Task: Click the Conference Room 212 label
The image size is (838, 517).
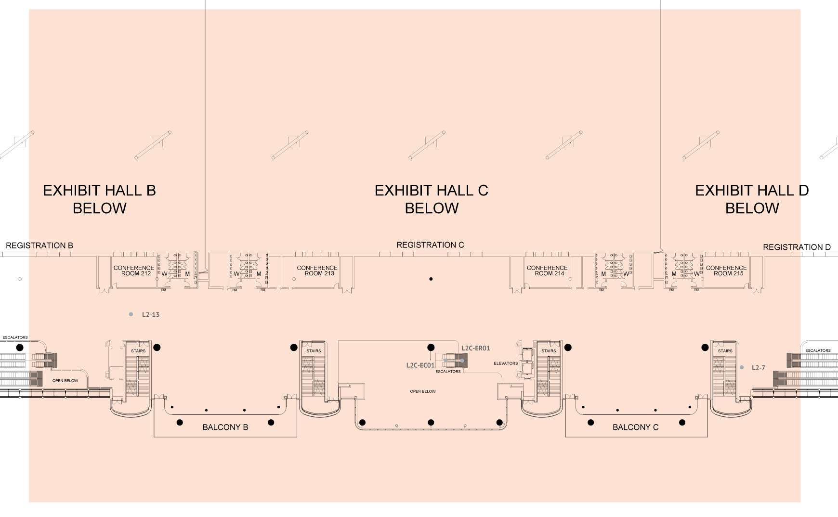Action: pos(134,271)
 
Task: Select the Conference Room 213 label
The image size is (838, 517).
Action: pos(317,271)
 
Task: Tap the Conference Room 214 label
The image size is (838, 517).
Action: pos(547,271)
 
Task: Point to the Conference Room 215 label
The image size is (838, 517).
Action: pos(726,271)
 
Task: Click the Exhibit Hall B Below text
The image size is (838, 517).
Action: pos(99,199)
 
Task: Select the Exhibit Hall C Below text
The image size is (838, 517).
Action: pos(431,199)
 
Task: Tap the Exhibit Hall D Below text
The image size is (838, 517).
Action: pos(752,199)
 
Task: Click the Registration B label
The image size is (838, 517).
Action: pos(39,246)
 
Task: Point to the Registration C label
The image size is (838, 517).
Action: pos(430,245)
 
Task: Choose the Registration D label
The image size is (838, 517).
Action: pos(797,247)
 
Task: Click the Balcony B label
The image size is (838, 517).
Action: pos(225,427)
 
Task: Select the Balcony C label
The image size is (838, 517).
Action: pos(635,427)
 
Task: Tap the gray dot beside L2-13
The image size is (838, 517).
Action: pos(131,314)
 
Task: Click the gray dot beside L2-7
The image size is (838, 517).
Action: pos(742,368)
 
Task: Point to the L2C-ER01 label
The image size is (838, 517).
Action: pos(475,348)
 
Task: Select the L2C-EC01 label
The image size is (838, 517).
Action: pos(420,365)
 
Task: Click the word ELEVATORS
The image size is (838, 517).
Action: pos(506,363)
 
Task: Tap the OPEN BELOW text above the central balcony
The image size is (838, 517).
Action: pos(423,391)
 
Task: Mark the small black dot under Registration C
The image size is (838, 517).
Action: pos(431,279)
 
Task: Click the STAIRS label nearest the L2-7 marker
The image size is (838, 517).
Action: pos(725,351)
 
